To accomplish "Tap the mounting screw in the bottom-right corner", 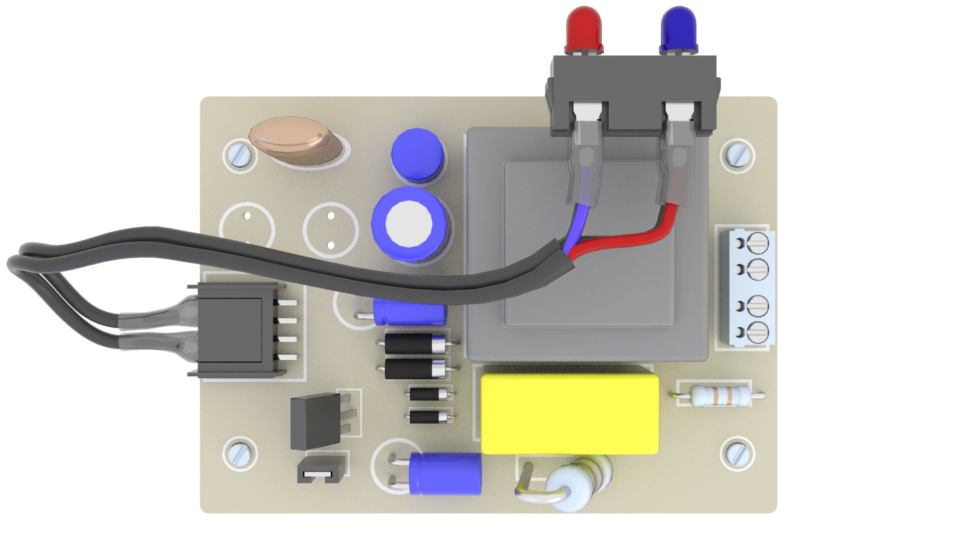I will pyautogui.click(x=737, y=453).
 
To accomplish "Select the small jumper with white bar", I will pyautogui.click(x=322, y=472).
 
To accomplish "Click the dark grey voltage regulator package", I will pyautogui.click(x=315, y=420).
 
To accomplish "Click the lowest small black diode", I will pyautogui.click(x=428, y=416).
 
